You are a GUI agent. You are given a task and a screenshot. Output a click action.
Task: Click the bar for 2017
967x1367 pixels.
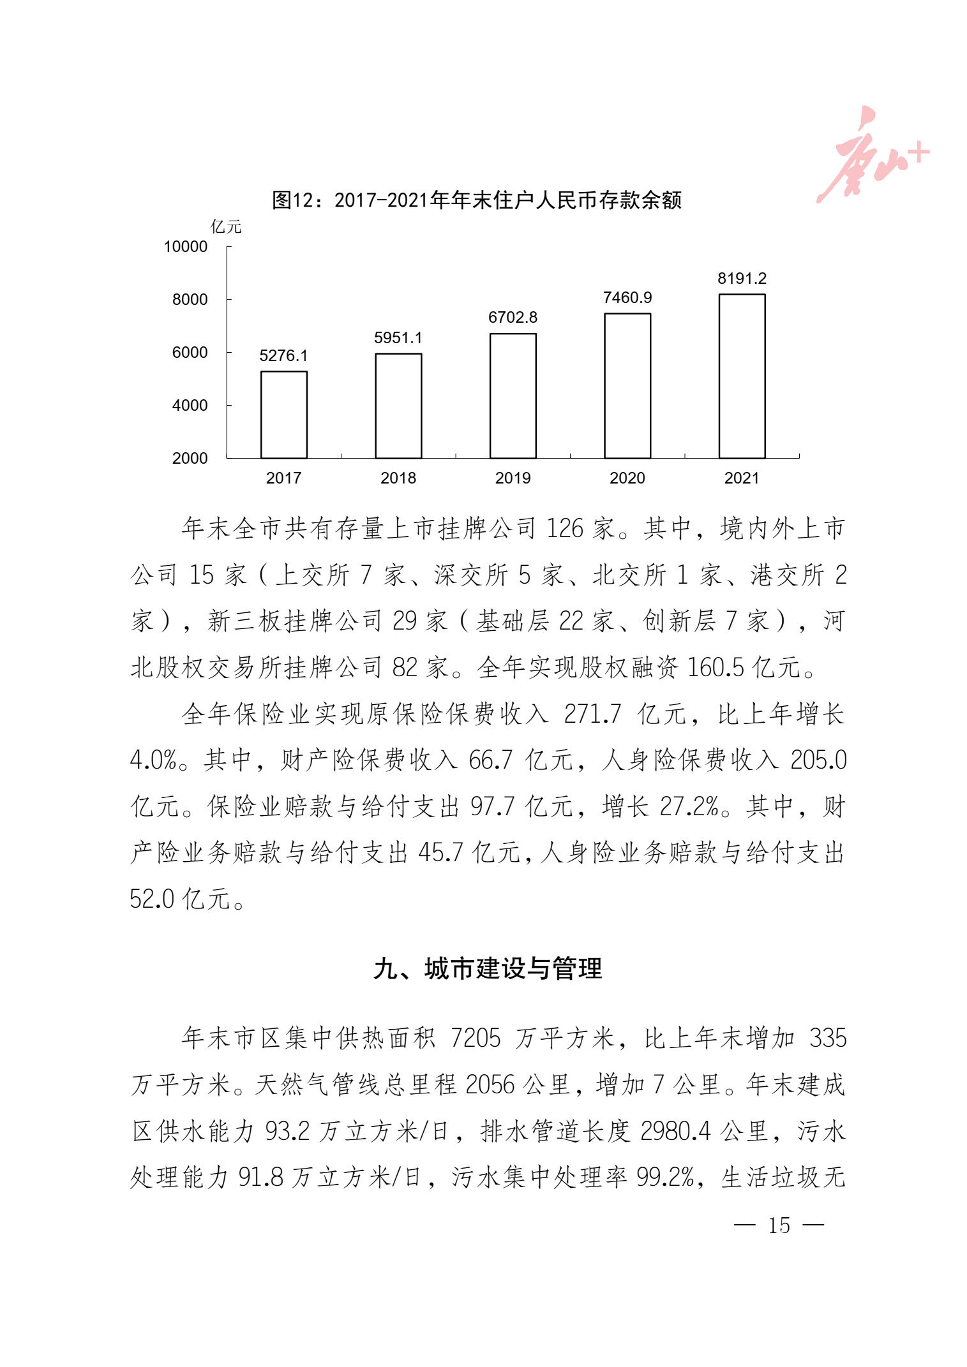pos(283,415)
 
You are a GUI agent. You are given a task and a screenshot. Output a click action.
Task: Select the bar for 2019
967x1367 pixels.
pos(513,395)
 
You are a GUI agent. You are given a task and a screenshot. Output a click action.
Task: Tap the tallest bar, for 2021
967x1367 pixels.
pos(742,376)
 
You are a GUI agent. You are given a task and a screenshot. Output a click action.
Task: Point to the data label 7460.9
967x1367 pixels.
pos(627,298)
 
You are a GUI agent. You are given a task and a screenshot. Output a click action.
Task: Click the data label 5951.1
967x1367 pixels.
pos(398,337)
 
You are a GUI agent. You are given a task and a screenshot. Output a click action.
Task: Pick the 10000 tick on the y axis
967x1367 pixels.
pos(186,247)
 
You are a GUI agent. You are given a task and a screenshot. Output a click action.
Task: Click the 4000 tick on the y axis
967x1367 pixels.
pos(190,405)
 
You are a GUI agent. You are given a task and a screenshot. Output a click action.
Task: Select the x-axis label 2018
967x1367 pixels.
pos(398,478)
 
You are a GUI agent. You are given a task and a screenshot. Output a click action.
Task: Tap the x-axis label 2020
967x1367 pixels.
pos(627,478)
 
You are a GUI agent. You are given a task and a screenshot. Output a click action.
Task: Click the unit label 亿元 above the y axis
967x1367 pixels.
pos(226,226)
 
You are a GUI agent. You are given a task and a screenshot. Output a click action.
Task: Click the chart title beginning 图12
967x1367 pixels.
pos(477,200)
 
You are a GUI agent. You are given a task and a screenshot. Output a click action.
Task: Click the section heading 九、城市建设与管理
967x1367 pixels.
pos(488,968)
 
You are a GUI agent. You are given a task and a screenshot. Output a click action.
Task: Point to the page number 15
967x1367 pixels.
pos(779,1225)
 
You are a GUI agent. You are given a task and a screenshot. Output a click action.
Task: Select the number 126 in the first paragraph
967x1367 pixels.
pos(565,528)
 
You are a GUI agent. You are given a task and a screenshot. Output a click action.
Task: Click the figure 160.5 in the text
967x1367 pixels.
pos(715,667)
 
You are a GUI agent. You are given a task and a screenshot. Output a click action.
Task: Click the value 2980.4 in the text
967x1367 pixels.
pos(675,1131)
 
